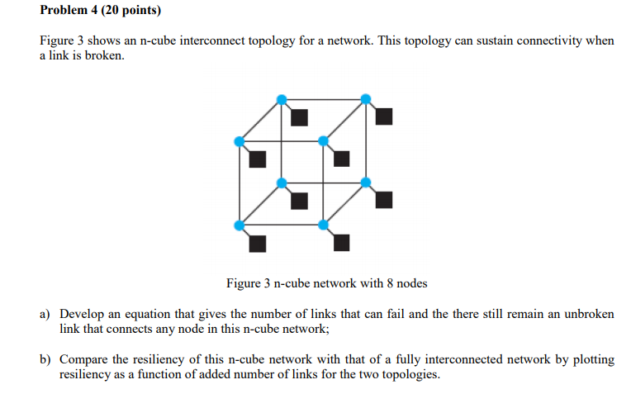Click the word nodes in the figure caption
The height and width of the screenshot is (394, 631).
[x=411, y=283]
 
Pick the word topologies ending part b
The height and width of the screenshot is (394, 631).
[x=410, y=374]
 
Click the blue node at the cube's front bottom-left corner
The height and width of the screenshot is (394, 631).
[x=240, y=225]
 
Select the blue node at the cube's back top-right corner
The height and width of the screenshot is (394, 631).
[x=366, y=99]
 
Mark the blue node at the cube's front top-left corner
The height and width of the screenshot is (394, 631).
[x=240, y=141]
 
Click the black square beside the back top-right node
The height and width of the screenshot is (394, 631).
[x=383, y=116]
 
